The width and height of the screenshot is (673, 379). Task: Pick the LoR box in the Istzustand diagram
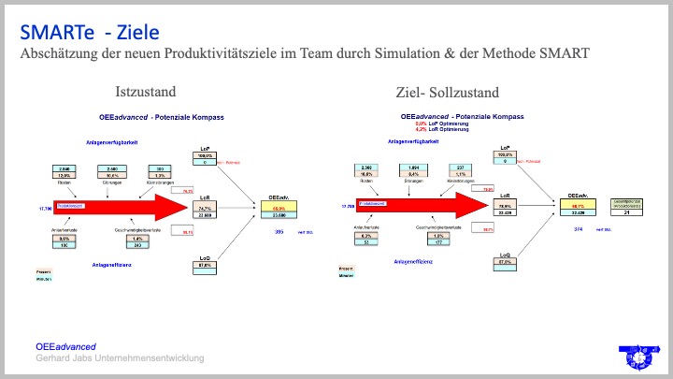pyautogui.click(x=210, y=211)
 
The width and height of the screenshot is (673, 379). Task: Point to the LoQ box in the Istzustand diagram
pyautogui.click(x=210, y=263)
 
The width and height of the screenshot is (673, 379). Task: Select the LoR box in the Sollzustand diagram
pyautogui.click(x=506, y=211)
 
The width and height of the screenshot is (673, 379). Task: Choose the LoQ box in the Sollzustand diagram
pyautogui.click(x=506, y=259)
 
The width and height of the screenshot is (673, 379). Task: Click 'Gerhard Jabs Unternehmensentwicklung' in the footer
pyautogui.click(x=120, y=359)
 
